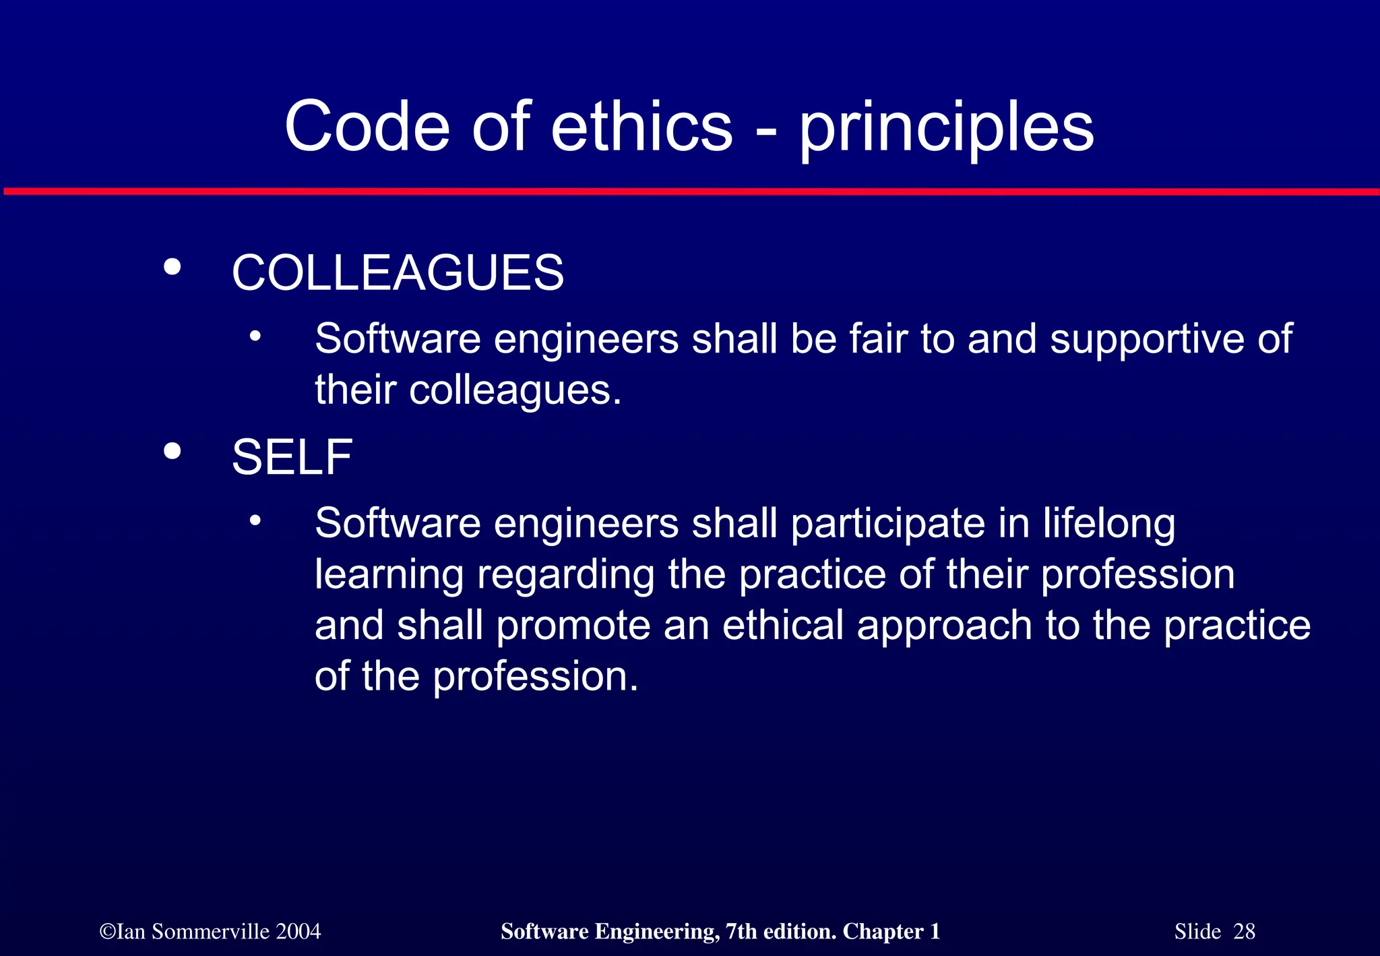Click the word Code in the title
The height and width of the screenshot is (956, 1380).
tap(367, 127)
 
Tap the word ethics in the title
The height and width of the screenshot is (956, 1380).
tap(641, 127)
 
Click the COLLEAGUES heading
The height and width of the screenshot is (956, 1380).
tap(398, 273)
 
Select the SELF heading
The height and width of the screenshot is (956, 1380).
tap(292, 457)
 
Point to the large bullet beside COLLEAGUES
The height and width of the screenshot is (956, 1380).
tap(172, 267)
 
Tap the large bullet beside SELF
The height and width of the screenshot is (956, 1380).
tap(172, 451)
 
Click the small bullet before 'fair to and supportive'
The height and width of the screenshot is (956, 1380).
tap(255, 335)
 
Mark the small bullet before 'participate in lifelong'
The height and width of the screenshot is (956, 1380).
tap(255, 520)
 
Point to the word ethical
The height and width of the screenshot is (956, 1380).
tap(782, 625)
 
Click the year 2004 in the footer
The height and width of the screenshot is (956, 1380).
tap(298, 932)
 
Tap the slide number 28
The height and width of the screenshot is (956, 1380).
tap(1244, 932)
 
